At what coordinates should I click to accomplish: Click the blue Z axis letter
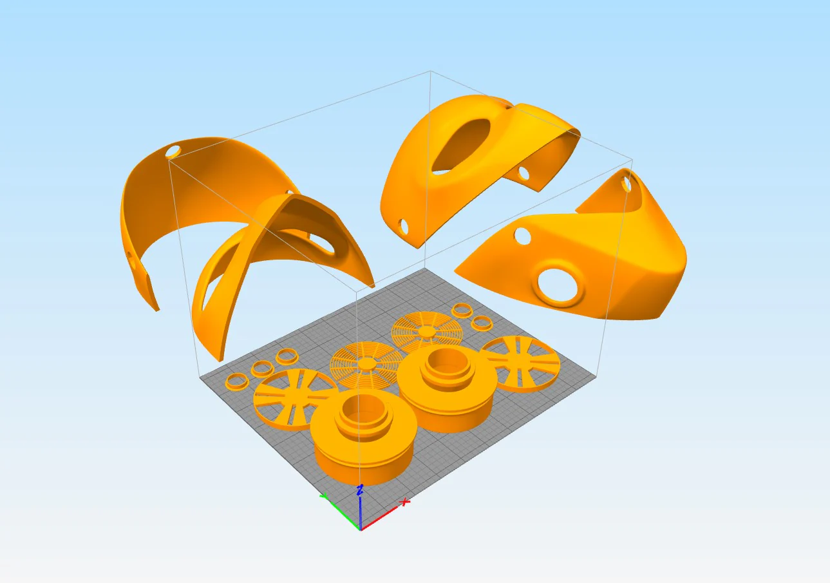point(359,490)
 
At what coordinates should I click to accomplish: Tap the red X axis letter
point(405,502)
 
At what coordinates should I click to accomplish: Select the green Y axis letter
point(325,496)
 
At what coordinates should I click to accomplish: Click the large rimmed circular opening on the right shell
point(560,284)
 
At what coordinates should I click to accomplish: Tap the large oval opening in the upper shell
point(460,146)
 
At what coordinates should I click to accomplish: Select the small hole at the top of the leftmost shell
point(173,151)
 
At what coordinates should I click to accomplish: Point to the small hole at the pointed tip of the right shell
point(627,184)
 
